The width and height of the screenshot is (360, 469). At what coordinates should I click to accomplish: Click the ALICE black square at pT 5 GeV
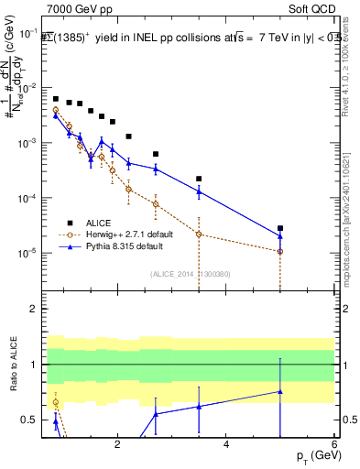(280, 228)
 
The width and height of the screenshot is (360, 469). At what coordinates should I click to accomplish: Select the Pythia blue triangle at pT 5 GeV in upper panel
(280, 236)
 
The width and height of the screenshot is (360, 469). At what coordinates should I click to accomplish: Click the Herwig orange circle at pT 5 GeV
(280, 251)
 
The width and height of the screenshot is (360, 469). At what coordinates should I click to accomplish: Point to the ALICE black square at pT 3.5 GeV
(199, 179)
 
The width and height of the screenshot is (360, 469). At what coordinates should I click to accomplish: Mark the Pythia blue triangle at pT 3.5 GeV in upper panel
(199, 191)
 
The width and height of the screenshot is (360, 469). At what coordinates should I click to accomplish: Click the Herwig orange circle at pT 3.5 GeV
(199, 234)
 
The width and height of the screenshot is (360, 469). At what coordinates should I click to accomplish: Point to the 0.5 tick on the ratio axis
(30, 420)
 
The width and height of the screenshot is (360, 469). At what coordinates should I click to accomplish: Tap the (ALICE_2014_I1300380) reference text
(190, 274)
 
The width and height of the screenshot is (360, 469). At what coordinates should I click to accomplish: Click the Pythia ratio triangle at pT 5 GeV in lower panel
(280, 392)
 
